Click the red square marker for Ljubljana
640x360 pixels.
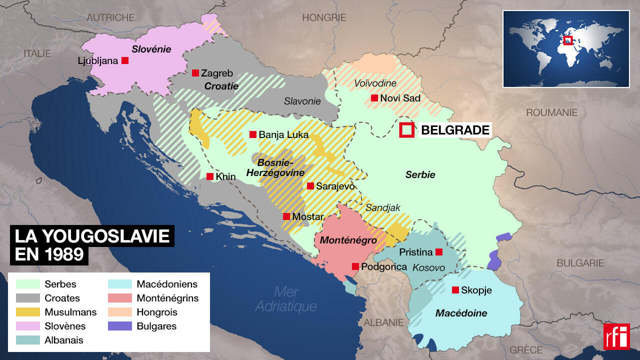[x=125, y=60]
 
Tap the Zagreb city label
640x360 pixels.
[x=217, y=73]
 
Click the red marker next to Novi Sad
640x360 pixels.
[x=374, y=98]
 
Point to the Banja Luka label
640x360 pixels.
[x=283, y=134]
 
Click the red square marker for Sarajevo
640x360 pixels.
[x=310, y=186]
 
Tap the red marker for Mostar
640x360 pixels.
[x=286, y=216]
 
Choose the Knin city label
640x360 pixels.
[x=226, y=176]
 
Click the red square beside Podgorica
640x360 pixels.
[x=355, y=266]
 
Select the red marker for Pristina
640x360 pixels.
[x=439, y=251]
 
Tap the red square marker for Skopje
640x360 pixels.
[x=455, y=290]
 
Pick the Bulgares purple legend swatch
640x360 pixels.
[x=120, y=326]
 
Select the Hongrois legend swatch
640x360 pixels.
[x=120, y=312]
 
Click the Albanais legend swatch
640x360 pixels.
[x=28, y=340]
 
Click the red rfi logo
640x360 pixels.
[x=616, y=336]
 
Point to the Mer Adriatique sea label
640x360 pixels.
[x=286, y=298]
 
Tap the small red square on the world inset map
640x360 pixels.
[x=567, y=40]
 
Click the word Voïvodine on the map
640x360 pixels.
[x=375, y=83]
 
